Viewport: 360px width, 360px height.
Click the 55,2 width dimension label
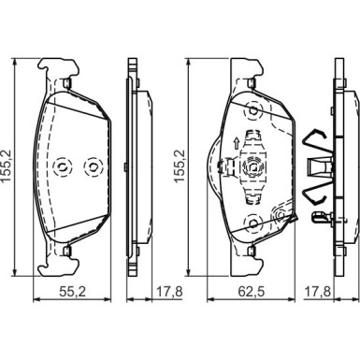pos(72,292)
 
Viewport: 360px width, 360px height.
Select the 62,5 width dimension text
pos(252,292)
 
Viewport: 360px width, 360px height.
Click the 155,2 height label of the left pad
pos(7,166)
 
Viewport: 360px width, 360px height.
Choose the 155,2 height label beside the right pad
pos(180,166)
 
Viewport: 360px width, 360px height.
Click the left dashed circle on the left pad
pos(62,167)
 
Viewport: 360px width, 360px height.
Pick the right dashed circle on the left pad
pos(93,167)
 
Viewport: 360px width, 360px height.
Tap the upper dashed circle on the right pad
pos(253,110)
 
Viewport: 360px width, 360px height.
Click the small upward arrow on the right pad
pos(237,144)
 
